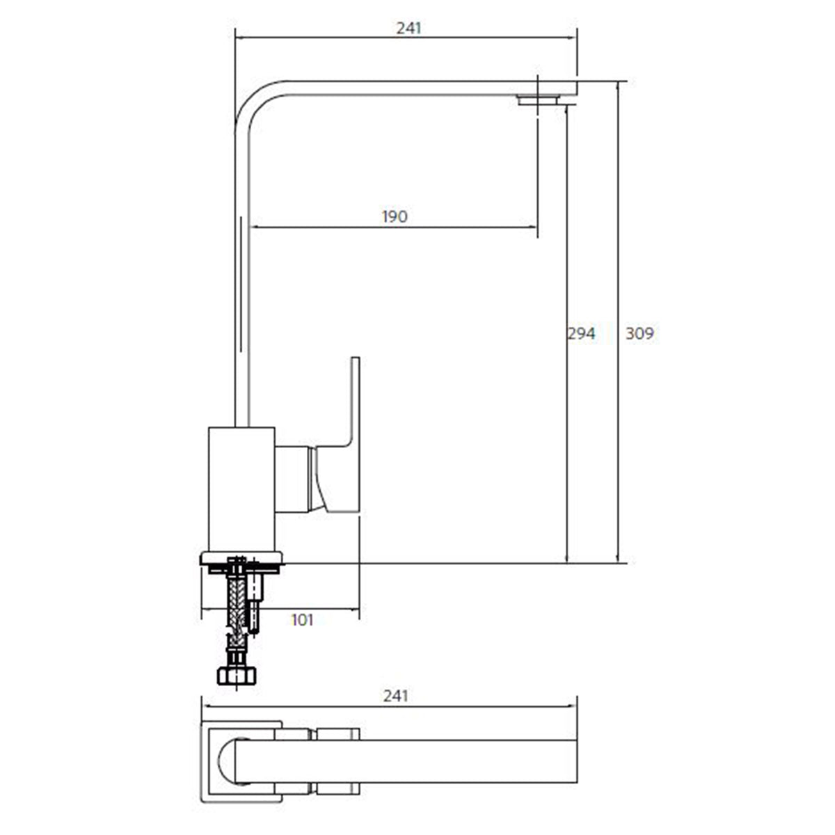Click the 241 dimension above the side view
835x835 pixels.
click(408, 29)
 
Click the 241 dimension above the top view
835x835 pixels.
click(396, 697)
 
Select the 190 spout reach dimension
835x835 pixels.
click(395, 216)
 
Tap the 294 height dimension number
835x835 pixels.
click(582, 333)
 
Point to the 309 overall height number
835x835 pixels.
click(639, 333)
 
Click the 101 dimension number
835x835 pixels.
click(302, 620)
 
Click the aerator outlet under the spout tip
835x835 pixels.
click(539, 100)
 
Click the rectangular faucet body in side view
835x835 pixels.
click(241, 490)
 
